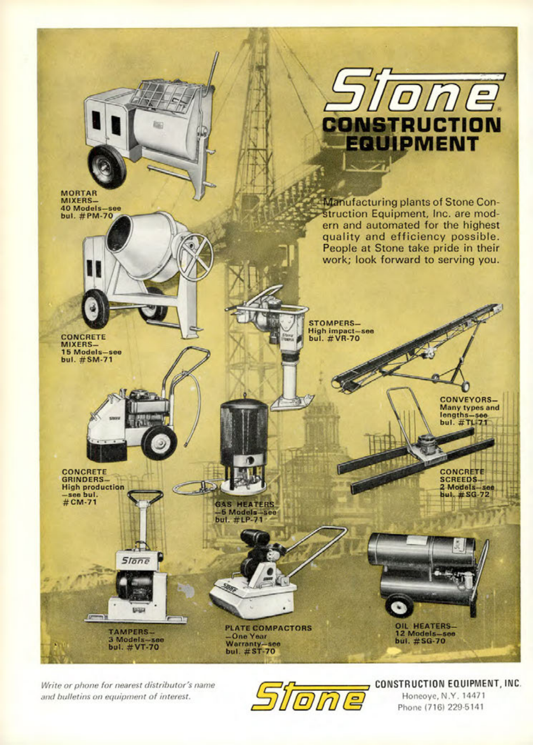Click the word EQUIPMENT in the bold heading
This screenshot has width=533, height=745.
pyautogui.click(x=412, y=143)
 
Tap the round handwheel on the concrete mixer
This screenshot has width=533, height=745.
pyautogui.click(x=195, y=256)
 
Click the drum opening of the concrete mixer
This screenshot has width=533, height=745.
pyautogui.click(x=119, y=233)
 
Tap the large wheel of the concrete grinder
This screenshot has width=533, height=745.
pyautogui.click(x=159, y=443)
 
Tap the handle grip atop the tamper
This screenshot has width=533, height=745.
pyautogui.click(x=145, y=496)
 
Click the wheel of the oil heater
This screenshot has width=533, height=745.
pyautogui.click(x=399, y=605)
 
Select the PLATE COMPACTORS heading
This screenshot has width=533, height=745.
pyautogui.click(x=268, y=628)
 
